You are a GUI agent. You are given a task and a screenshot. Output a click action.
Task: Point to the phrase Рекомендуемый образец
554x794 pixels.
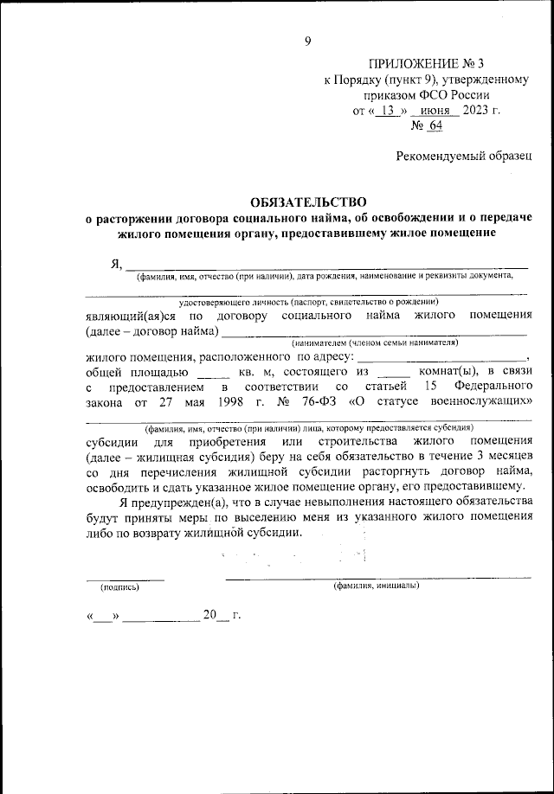(464, 157)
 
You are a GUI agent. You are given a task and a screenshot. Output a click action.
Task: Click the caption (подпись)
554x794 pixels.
(119, 586)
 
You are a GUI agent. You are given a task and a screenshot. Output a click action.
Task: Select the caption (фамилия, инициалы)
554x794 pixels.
(377, 586)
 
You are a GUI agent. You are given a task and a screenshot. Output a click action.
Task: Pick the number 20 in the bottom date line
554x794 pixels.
(209, 615)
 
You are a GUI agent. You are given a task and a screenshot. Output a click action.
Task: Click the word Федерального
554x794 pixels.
(492, 387)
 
